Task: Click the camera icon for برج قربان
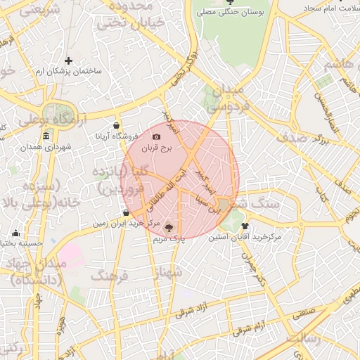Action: click(156, 136)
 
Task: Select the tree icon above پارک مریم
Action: click(168, 227)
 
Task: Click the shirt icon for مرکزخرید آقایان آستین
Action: click(245, 226)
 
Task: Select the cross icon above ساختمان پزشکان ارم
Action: click(68, 60)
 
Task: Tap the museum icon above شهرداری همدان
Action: click(46, 136)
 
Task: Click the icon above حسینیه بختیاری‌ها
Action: click(15, 233)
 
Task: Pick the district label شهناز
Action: click(169, 271)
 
